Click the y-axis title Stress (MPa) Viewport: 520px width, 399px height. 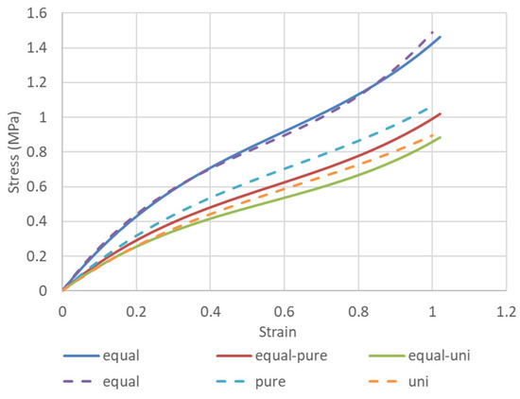coord(14,152)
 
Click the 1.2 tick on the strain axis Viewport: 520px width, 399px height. coord(506,308)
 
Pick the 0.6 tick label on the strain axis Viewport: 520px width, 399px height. coord(284,308)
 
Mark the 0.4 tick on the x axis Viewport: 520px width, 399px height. coord(210,308)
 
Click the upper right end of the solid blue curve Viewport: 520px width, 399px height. coord(441,37)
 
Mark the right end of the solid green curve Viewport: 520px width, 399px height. coord(441,137)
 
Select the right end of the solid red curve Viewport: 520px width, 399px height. coord(441,114)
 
